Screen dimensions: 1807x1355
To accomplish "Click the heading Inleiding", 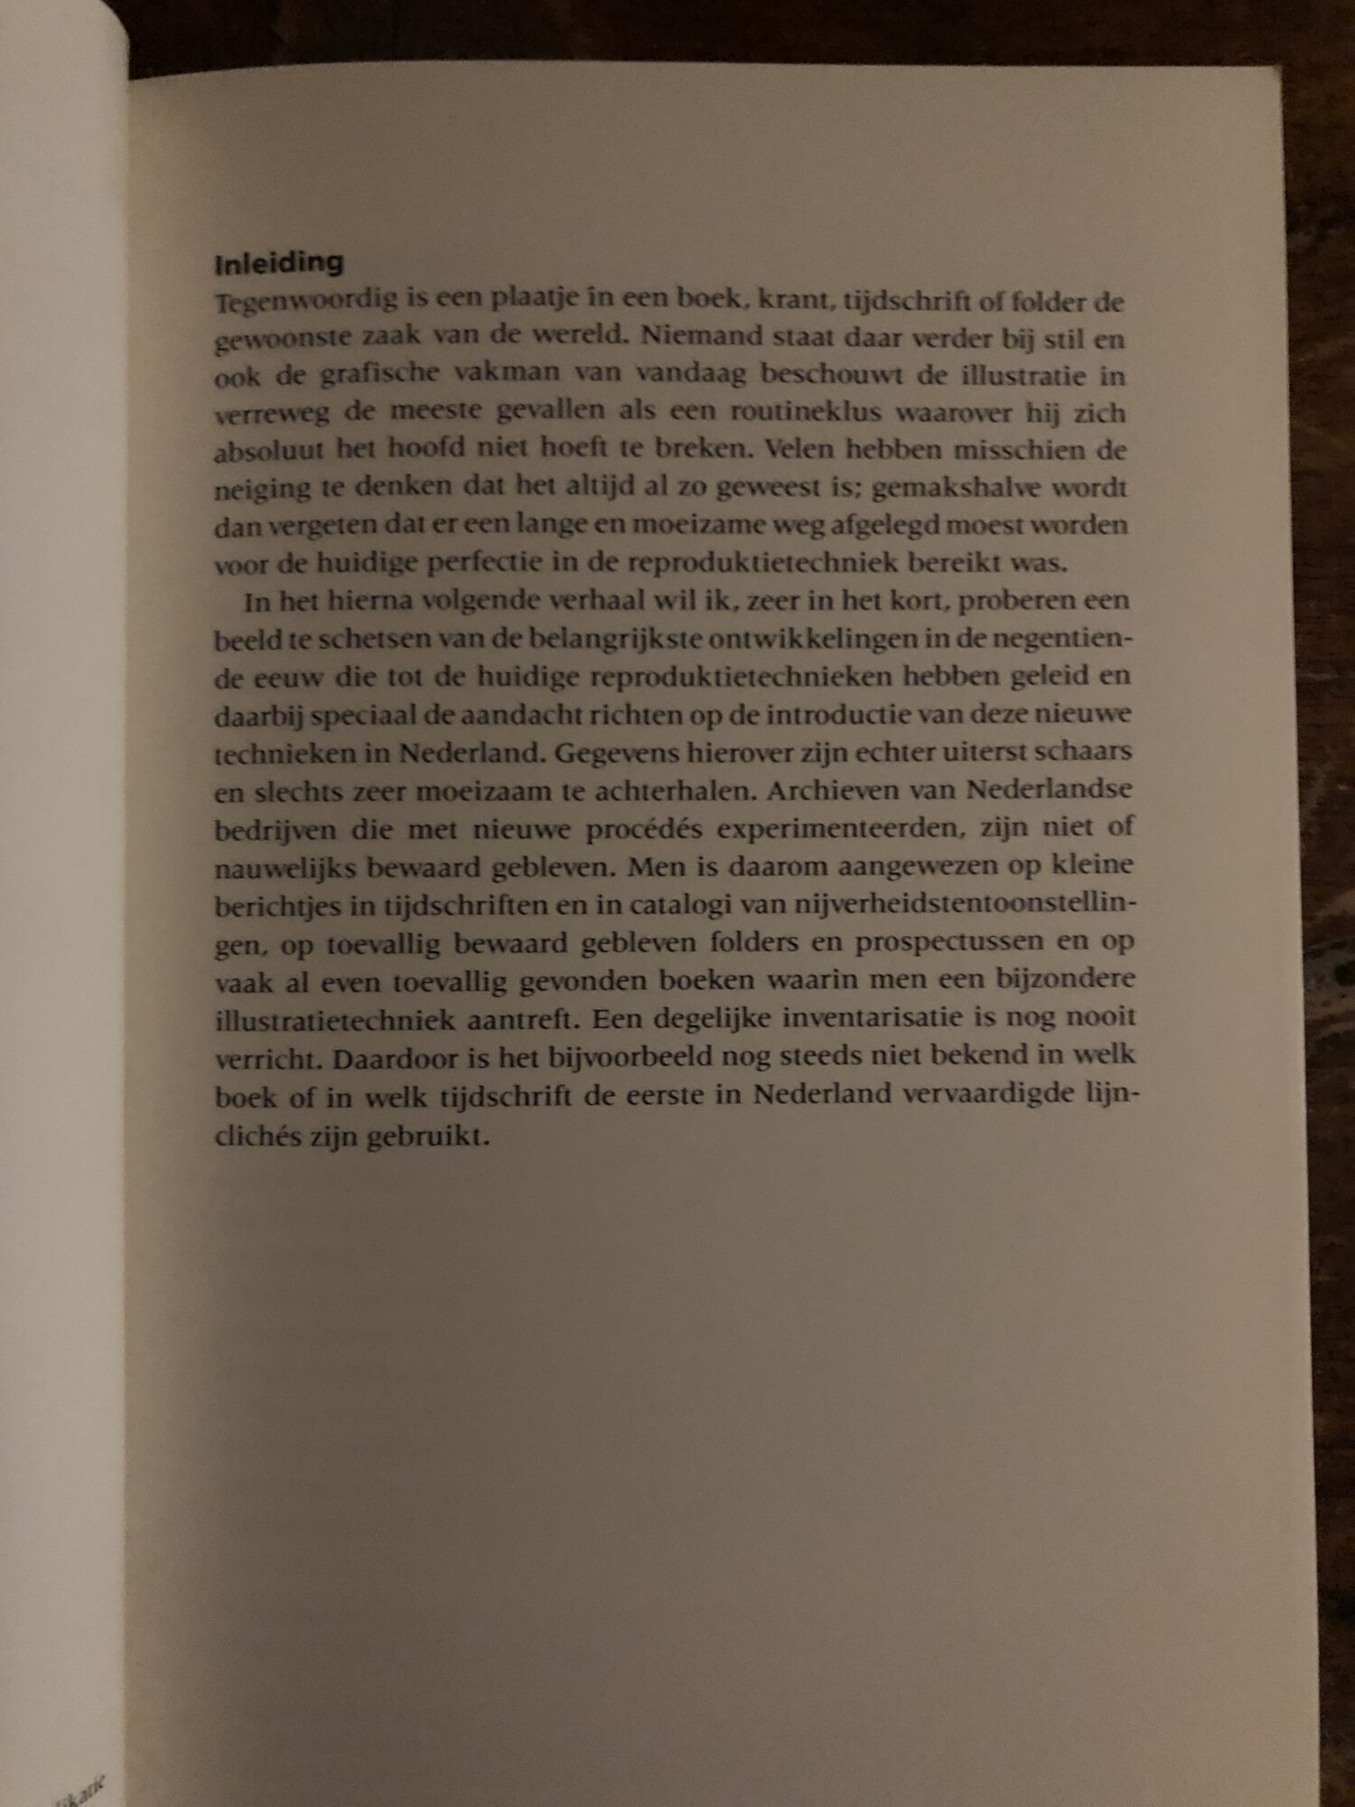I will [279, 263].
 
